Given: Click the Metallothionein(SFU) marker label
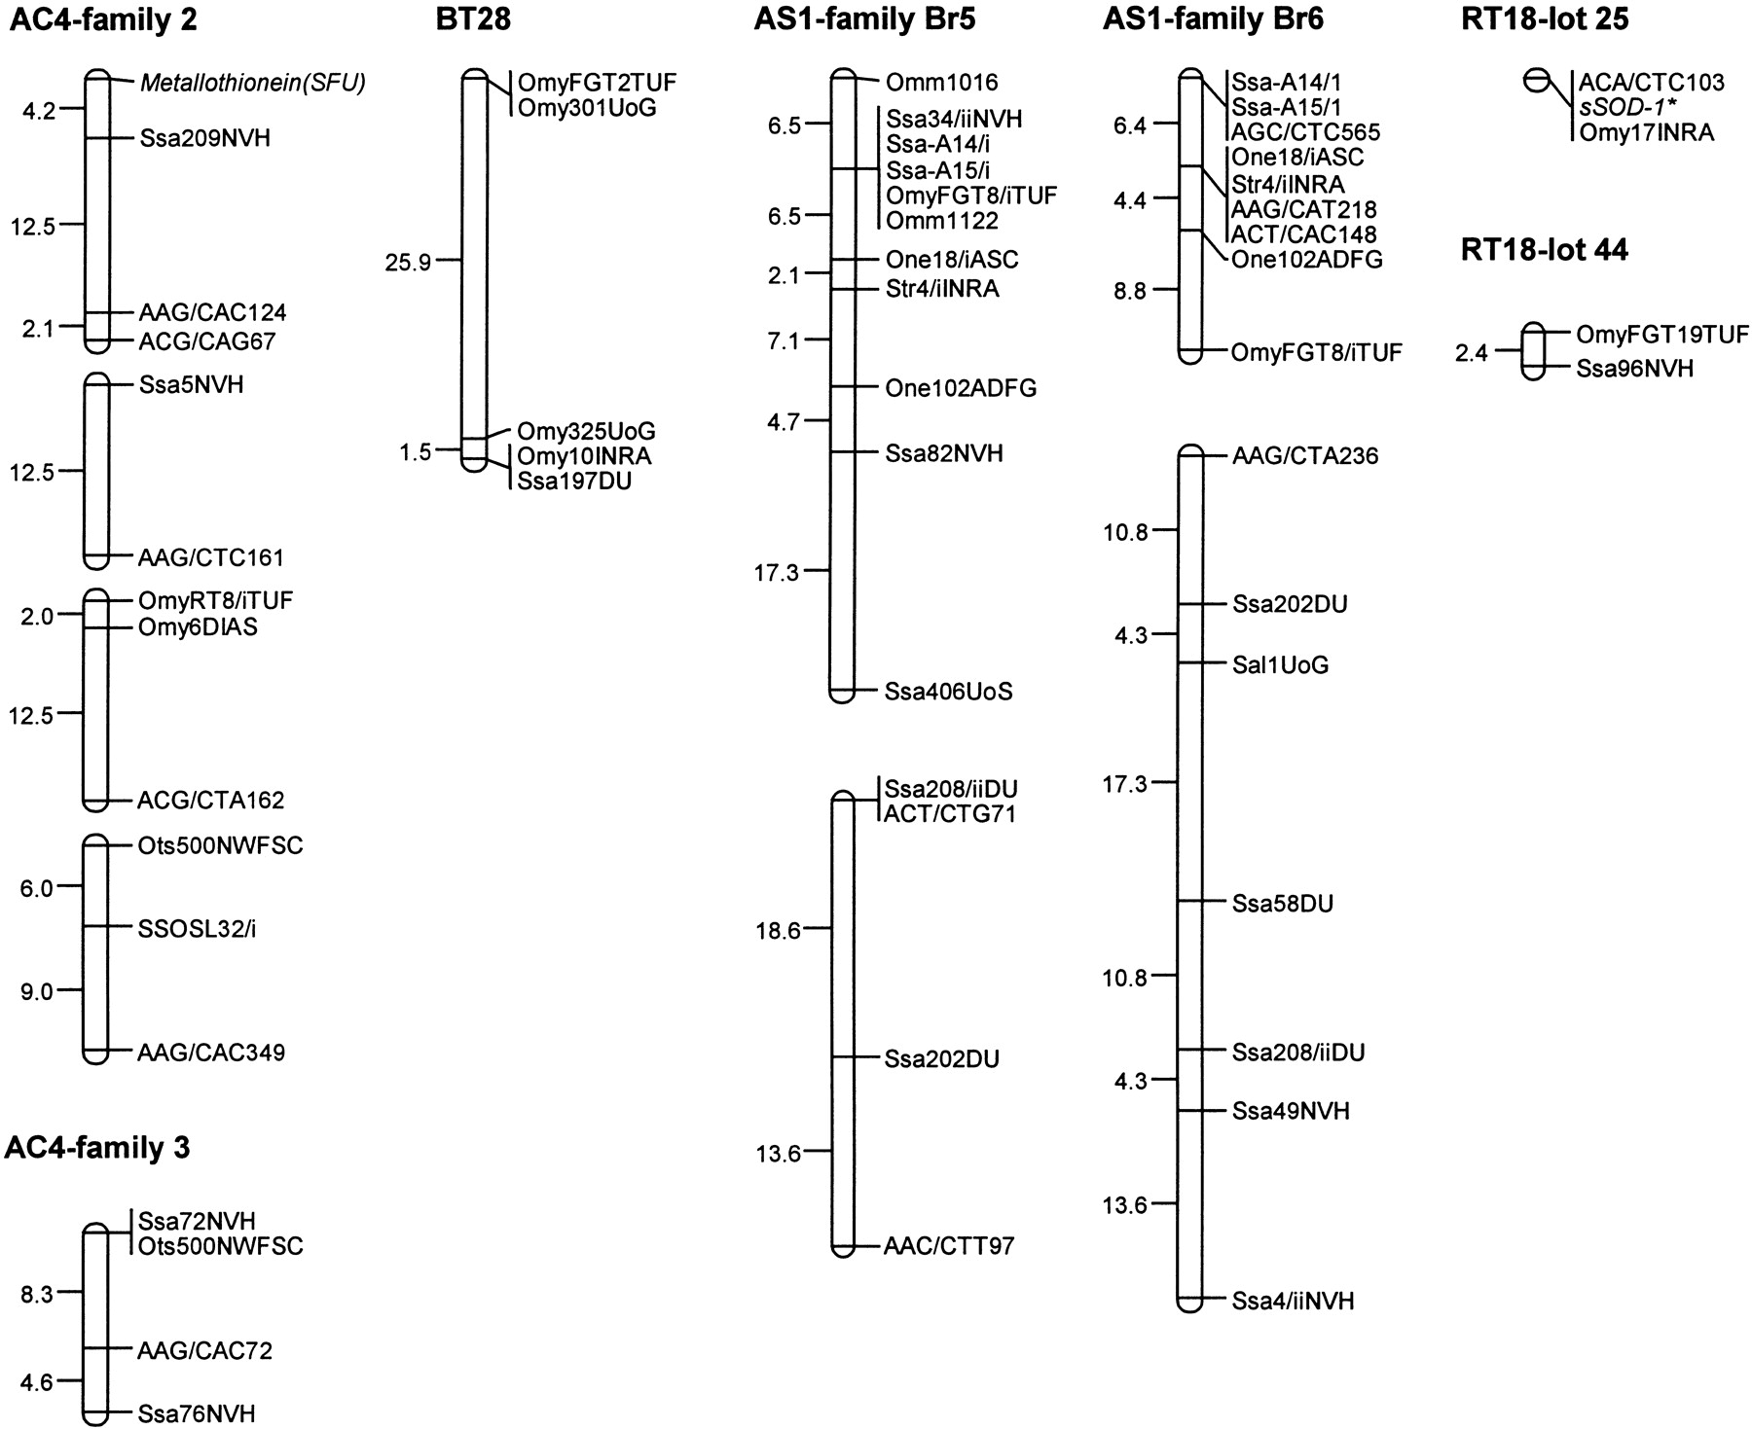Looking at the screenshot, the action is coord(253,84).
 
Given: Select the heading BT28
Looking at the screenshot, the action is coord(473,19).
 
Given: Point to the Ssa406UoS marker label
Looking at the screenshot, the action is coord(948,692).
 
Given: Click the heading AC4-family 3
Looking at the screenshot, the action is coord(97,1148).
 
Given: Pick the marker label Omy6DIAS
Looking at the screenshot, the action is coord(199,627).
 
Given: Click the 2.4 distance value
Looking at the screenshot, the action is coord(1472,353).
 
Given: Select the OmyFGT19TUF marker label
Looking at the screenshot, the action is coord(1662,336).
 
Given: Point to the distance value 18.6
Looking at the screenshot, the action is coord(778,931).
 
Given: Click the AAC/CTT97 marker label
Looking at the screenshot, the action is coord(949,1246).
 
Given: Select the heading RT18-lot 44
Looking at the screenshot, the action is coord(1545,250).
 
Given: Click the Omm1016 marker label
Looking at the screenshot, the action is coord(941,83).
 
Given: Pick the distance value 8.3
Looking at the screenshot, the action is coord(36,1294).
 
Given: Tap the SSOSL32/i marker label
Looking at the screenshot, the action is coord(197,928).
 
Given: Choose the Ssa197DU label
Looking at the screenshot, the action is coord(574,481).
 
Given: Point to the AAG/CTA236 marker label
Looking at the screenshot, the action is coord(1305,456).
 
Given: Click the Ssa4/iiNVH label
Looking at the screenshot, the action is coord(1293,1301).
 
